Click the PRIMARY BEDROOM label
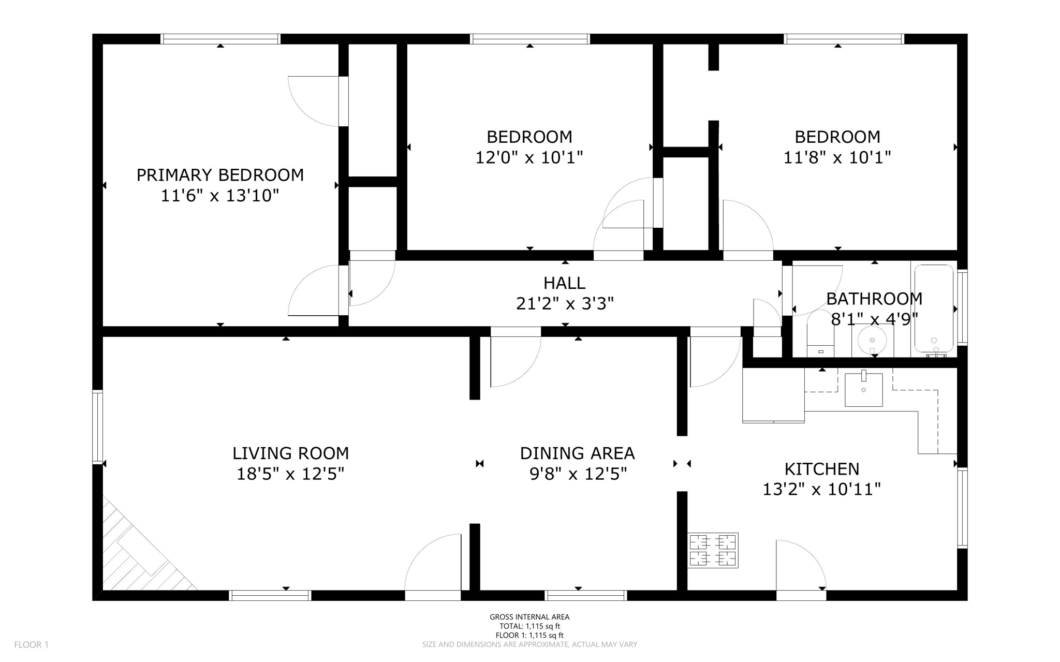pos(220,175)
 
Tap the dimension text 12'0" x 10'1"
pos(529,157)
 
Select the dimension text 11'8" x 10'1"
pos(837,157)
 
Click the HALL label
pos(564,283)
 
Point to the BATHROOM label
pos(874,299)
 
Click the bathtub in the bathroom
pos(934,309)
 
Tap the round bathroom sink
pos(872,340)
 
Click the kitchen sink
pos(863,390)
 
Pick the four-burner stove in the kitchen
pos(713,550)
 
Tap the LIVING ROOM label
pos(290,453)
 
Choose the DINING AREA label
pos(577,453)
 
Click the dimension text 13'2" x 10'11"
pos(821,489)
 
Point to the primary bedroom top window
pos(220,39)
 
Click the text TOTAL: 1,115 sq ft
pos(529,626)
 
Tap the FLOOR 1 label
pos(31,644)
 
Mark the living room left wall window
pos(97,426)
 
